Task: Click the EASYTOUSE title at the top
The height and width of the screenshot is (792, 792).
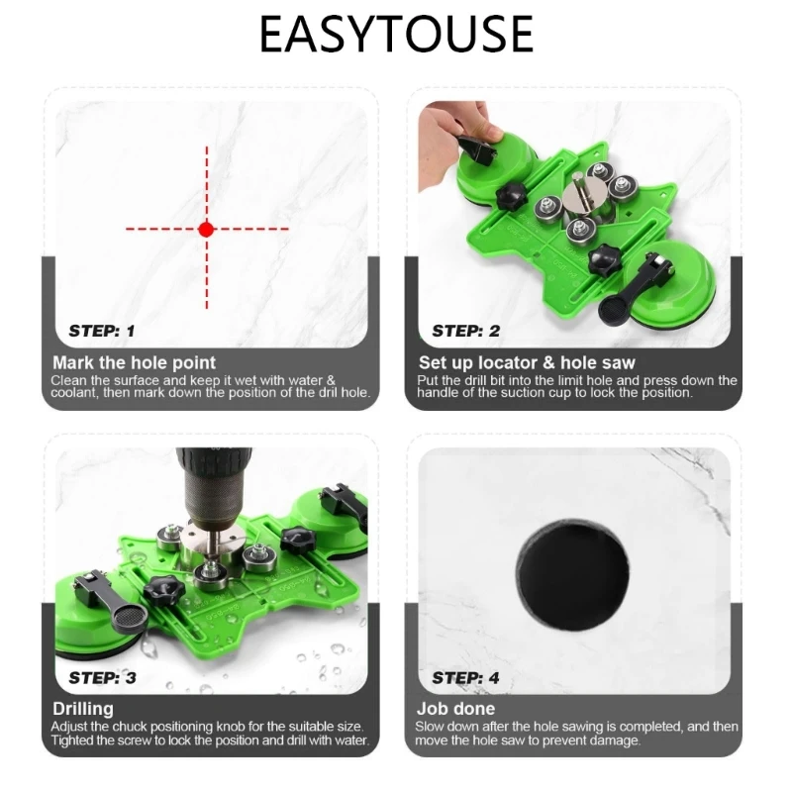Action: click(396, 34)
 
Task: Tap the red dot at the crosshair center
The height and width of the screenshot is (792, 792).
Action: click(206, 230)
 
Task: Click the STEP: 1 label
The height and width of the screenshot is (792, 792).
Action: click(102, 331)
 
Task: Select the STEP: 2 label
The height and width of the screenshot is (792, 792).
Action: click(465, 331)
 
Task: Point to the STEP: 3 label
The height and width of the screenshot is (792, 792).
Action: click(103, 677)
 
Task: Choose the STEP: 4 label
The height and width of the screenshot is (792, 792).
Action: click(465, 677)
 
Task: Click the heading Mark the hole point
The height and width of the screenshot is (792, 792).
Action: click(134, 362)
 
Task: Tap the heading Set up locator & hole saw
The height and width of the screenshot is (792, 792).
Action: click(527, 362)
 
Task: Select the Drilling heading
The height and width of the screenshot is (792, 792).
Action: click(83, 709)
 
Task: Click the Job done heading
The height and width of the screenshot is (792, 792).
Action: click(455, 709)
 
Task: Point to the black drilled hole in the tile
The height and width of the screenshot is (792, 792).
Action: click(573, 575)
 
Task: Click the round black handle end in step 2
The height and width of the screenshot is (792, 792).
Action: click(612, 309)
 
